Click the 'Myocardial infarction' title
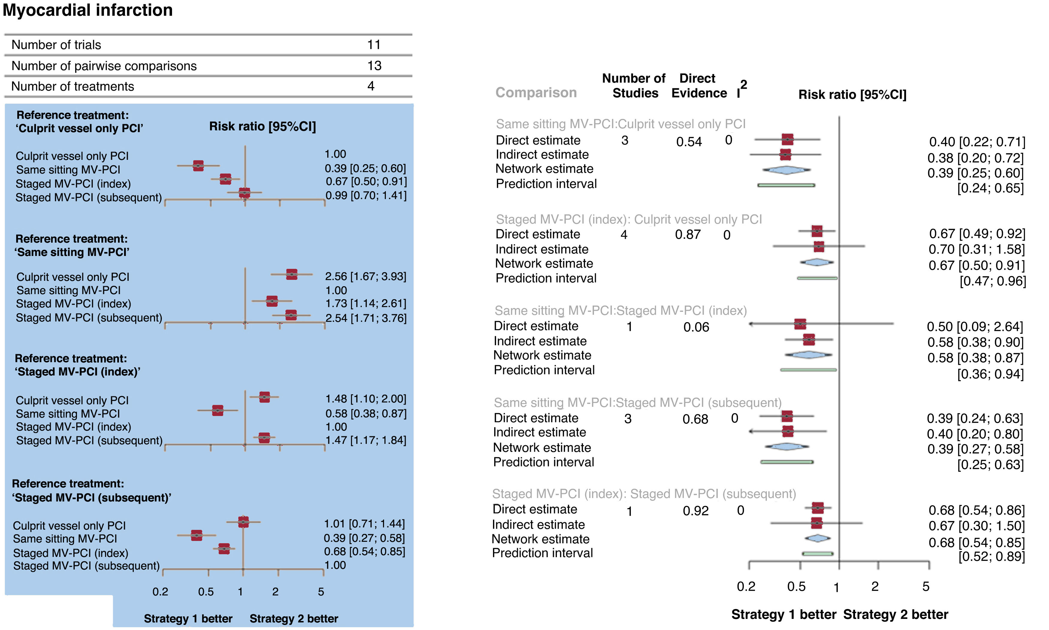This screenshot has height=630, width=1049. coord(88,10)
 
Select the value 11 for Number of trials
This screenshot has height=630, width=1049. coord(373,45)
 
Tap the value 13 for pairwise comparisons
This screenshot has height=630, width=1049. coord(374,66)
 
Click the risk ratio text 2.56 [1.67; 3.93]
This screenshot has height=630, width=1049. coord(365,276)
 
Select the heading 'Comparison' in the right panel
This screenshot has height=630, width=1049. coord(536,92)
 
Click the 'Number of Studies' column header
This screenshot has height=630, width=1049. coord(634,86)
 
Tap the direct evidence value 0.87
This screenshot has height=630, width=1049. coord(688,235)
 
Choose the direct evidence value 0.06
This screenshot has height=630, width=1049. coord(696,327)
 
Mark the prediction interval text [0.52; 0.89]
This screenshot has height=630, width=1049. coord(991,556)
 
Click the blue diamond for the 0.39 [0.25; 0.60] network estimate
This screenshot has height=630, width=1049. coord(786,170)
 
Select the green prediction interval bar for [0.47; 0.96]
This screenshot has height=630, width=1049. coord(817,278)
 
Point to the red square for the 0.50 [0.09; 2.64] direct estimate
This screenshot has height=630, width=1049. coord(800,324)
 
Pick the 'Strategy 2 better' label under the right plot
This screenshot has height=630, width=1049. coord(896,615)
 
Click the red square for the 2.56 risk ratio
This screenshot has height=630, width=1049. coord(292,274)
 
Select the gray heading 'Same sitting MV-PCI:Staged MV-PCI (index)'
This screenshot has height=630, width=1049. coord(620,311)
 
